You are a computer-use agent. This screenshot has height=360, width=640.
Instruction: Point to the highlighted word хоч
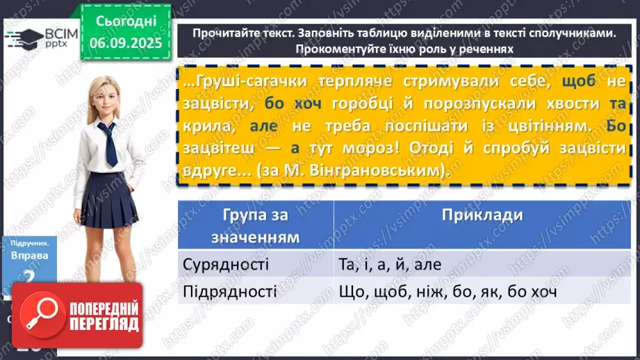point(309,104)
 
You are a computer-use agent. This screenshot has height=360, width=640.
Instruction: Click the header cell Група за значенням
point(256,226)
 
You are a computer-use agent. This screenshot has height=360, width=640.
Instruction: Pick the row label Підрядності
point(229,292)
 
